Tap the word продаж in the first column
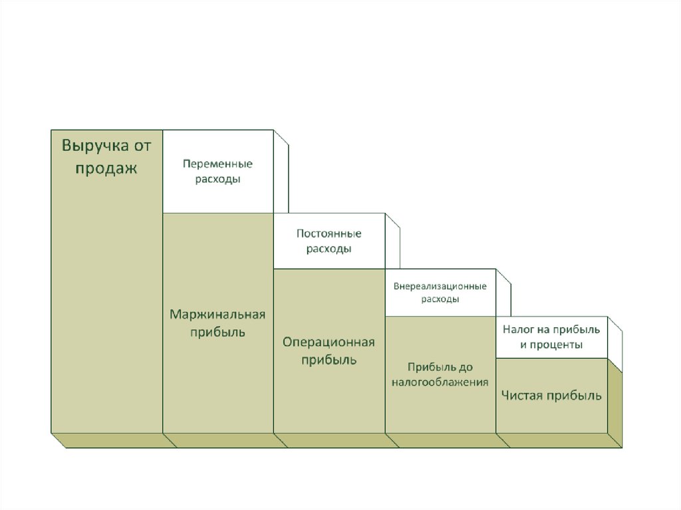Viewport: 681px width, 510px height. (x=106, y=168)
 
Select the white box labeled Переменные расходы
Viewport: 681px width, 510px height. (x=218, y=172)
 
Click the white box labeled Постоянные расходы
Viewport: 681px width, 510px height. (x=329, y=241)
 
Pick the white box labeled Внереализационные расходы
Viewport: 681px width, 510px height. (x=440, y=293)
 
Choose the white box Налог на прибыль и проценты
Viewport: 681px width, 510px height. (x=551, y=337)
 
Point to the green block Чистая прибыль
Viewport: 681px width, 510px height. (x=551, y=396)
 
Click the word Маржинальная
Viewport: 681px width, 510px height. (x=217, y=314)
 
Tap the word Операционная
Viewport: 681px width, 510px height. (x=329, y=342)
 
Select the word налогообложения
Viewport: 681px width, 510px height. (x=440, y=382)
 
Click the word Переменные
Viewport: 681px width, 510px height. (x=218, y=164)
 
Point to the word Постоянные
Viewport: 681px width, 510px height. (x=329, y=233)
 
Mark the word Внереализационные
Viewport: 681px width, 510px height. (x=440, y=286)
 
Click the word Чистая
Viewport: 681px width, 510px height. (x=521, y=396)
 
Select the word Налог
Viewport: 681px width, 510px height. (x=516, y=329)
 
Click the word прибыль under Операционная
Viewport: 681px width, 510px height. (x=329, y=360)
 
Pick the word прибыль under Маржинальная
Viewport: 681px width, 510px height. (x=217, y=332)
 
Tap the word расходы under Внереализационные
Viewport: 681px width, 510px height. (x=440, y=299)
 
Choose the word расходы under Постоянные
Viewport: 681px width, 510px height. (x=329, y=249)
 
